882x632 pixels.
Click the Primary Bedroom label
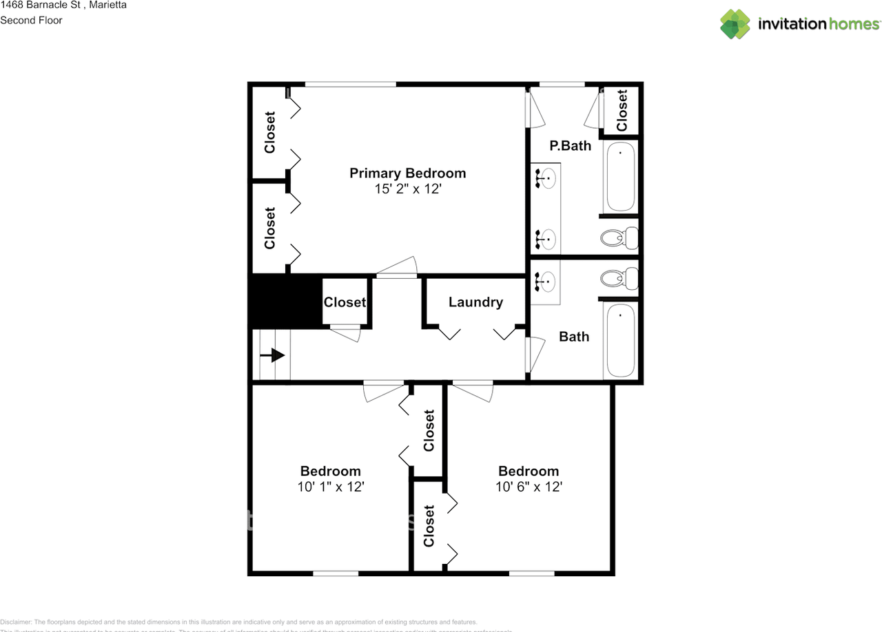click(x=407, y=173)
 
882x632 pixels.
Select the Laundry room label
click(x=475, y=302)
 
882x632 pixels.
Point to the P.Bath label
click(x=570, y=145)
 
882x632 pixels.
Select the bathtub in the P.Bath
click(x=620, y=177)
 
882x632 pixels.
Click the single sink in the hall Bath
click(x=546, y=281)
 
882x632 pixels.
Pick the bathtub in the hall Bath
click(x=620, y=340)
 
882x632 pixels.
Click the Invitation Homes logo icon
click(x=735, y=24)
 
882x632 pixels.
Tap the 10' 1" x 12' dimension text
click(x=330, y=487)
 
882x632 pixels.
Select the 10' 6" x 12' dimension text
click(x=529, y=487)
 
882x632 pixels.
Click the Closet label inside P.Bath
click(x=622, y=111)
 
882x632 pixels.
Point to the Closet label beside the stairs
click(x=345, y=302)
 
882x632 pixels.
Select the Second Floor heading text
click(x=31, y=20)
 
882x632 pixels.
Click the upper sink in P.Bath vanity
click(x=546, y=180)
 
